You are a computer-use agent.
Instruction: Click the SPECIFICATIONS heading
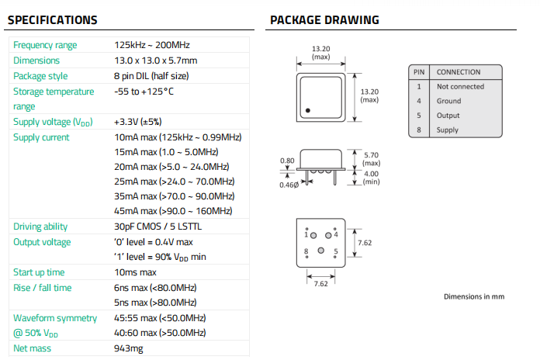53,20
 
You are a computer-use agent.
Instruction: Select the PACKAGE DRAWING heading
324,20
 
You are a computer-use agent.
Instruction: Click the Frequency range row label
45,45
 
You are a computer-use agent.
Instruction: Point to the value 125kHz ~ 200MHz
152,45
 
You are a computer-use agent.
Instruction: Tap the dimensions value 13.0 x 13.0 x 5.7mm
155,61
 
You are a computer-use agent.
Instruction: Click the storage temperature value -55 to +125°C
144,92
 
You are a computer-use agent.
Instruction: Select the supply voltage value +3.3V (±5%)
137,122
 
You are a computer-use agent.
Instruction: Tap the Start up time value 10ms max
135,272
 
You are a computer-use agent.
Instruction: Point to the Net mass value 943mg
128,349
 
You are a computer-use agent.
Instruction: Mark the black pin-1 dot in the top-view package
307,111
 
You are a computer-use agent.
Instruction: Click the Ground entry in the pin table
448,101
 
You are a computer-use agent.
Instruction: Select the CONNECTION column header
459,72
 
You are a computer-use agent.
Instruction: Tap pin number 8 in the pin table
418,130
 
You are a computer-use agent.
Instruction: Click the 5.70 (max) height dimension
372,159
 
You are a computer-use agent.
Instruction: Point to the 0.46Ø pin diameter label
289,185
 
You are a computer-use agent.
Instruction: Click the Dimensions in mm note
473,296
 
